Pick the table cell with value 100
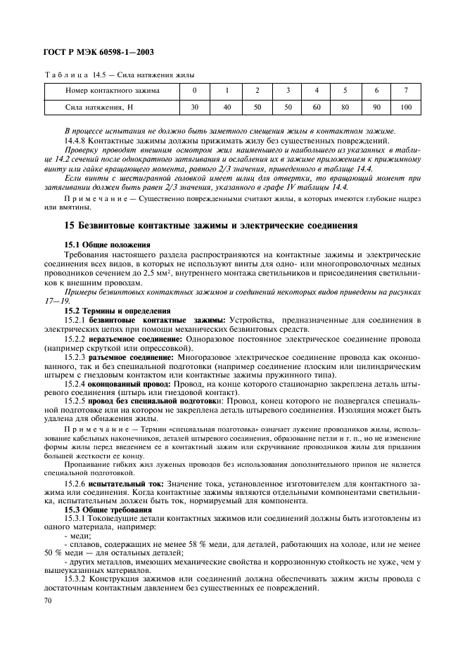[406, 107]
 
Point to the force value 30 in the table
[195, 107]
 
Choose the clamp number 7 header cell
[406, 90]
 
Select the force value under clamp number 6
[376, 107]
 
